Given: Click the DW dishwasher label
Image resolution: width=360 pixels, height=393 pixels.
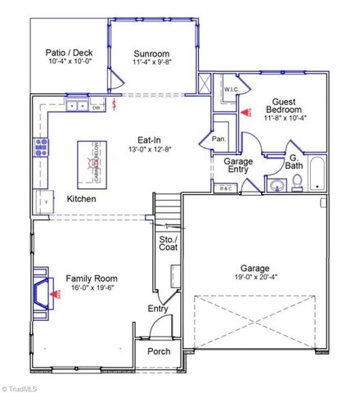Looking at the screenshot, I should (96, 107).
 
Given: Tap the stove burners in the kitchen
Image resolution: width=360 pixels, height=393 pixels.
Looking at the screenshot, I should (39, 148).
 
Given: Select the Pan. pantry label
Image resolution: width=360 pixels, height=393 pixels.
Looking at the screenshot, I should (218, 139).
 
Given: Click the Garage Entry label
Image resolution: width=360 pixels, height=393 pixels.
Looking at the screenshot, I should (238, 167).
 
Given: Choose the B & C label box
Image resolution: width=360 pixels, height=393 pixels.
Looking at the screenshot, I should (227, 189).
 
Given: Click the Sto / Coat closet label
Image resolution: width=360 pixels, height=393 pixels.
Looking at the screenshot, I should (168, 242).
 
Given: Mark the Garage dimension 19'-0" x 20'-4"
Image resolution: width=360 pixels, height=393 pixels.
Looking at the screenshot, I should (255, 277).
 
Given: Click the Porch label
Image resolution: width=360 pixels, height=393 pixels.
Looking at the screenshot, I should (159, 351).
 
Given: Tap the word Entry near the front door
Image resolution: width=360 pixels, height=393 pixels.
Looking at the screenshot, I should (158, 309).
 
